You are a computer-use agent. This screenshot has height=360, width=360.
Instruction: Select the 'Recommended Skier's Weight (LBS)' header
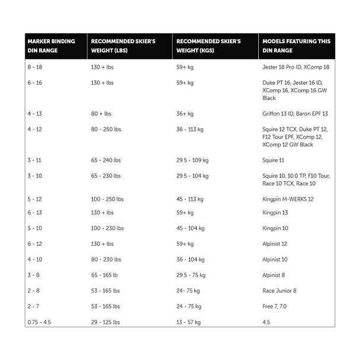(x=123, y=46)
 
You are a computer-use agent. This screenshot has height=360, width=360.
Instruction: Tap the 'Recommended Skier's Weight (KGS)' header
(x=208, y=46)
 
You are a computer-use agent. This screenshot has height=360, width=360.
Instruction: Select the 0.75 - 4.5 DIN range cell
(x=40, y=322)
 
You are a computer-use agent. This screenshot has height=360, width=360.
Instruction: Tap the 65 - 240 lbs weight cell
(x=105, y=160)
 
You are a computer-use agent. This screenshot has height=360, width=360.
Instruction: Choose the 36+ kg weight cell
(x=185, y=114)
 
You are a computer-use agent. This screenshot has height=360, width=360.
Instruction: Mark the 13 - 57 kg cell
(x=188, y=322)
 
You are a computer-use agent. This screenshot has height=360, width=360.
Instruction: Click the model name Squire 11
(x=274, y=160)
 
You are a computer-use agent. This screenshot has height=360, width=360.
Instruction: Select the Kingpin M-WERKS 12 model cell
(x=288, y=199)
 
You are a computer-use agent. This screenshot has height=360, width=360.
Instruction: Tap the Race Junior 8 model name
(x=279, y=291)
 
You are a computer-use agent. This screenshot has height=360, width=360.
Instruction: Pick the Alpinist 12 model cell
(x=275, y=244)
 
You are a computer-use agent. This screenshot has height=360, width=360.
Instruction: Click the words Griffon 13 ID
(x=277, y=114)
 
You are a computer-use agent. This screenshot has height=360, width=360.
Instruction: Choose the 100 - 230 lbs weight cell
(x=107, y=228)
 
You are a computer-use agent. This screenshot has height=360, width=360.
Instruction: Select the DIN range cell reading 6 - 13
(x=34, y=213)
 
